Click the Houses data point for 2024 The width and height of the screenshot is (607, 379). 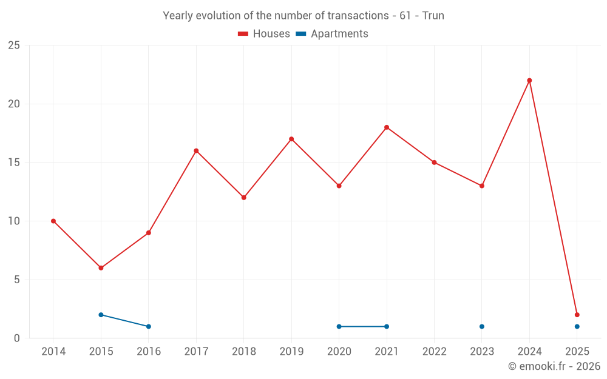point(529,81)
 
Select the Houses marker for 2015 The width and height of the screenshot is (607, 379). point(101,268)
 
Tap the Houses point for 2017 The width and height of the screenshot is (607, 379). point(196,151)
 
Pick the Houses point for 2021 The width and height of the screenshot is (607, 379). point(387,127)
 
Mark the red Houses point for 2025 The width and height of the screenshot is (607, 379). point(577,315)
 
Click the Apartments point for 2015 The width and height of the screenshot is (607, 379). point(101,315)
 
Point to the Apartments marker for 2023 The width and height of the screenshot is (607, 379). point(482,326)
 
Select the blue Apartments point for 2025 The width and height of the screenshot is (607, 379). point(577,326)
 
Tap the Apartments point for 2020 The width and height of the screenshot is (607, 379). point(339,326)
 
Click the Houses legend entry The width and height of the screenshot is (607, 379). point(264,34)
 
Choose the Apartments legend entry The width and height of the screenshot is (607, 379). point(332,34)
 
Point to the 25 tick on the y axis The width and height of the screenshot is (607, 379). point(13,45)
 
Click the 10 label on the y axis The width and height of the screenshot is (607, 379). point(13,221)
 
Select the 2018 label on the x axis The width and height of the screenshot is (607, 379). point(243,352)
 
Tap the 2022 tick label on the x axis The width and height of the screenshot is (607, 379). point(434,352)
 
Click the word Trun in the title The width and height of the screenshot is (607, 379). point(433,16)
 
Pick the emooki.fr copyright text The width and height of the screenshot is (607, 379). point(554,366)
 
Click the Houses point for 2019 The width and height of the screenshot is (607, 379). point(291,139)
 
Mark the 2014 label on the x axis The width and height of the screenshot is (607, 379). point(53,352)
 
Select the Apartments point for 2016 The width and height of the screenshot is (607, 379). point(148,326)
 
